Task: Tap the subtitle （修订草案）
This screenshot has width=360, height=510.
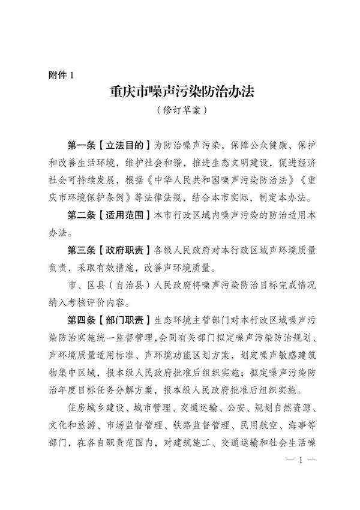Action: pos(179,111)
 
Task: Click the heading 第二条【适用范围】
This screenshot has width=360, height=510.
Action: pos(110,214)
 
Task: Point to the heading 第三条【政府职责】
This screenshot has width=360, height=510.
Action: pos(110,249)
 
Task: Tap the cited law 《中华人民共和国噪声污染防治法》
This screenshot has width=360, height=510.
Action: pos(198,179)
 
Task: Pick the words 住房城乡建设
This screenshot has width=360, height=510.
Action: pos(95,407)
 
